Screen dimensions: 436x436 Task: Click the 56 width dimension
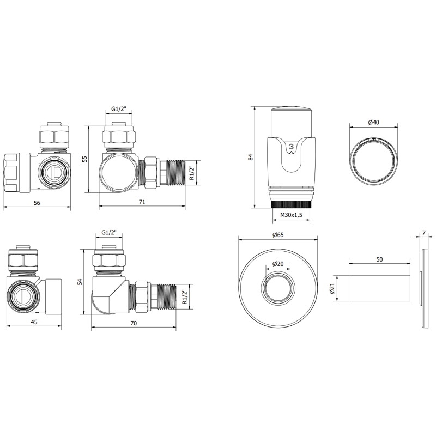coord(37,203)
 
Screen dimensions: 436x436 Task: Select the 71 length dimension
coord(142,202)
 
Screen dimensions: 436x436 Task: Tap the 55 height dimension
coord(85,159)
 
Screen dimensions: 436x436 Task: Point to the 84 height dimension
coord(251,157)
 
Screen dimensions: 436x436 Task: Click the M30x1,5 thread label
coord(291,215)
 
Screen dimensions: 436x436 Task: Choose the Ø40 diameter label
coord(374,122)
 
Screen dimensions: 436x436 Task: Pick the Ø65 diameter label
coord(278,235)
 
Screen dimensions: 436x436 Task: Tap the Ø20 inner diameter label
coord(278,264)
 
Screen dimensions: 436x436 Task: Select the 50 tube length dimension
coord(379,259)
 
